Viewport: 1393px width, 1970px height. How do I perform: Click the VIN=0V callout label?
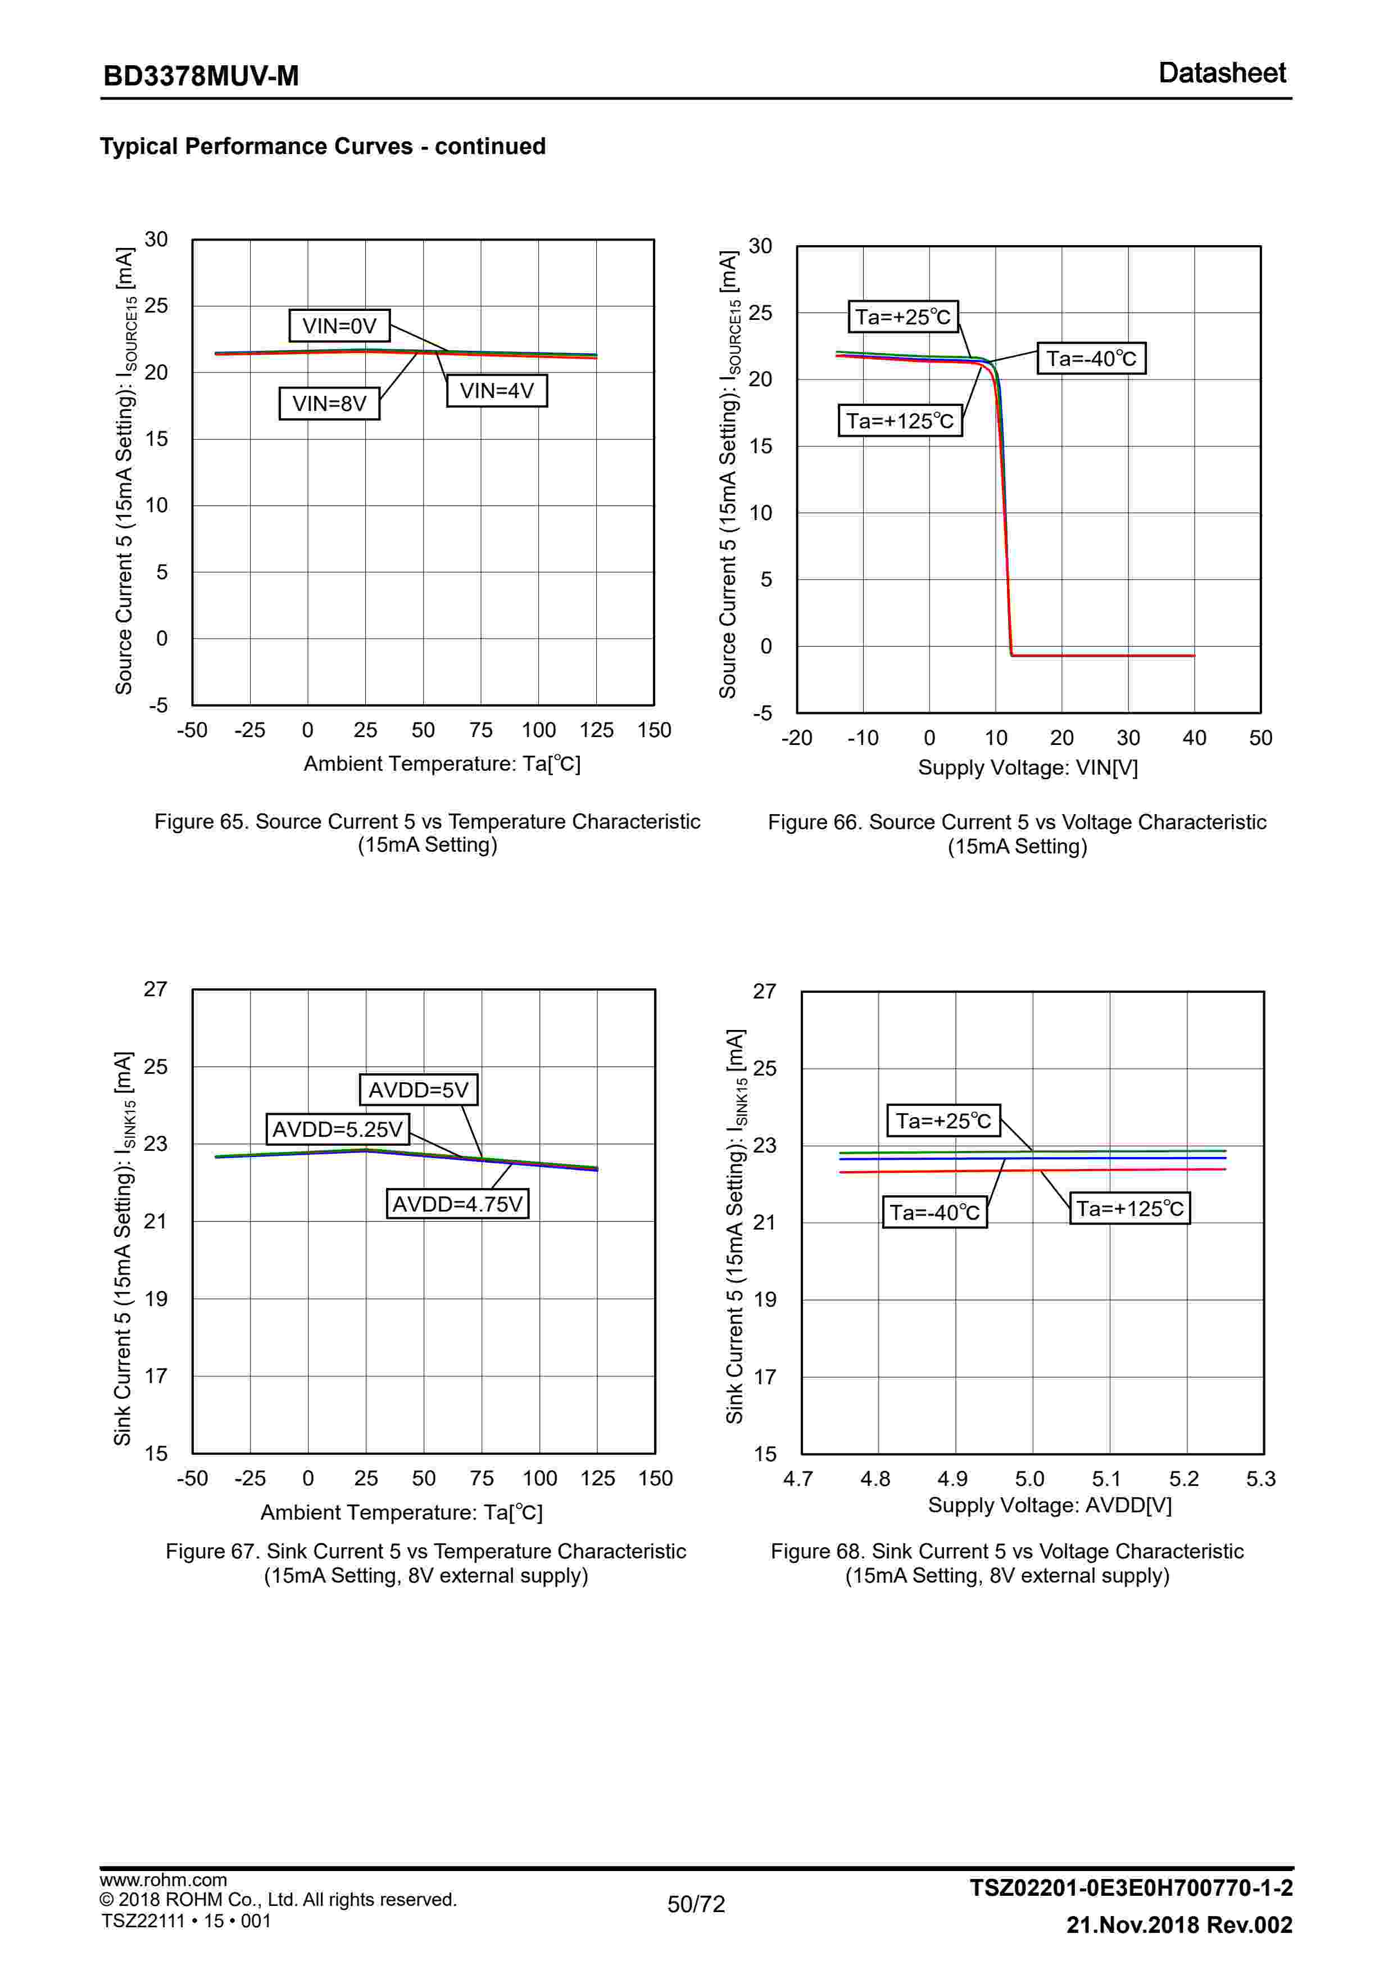click(339, 326)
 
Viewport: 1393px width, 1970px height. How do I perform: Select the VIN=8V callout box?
click(329, 403)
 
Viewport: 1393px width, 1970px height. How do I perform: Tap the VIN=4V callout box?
click(497, 391)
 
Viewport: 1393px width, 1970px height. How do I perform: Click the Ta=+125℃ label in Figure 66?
click(900, 421)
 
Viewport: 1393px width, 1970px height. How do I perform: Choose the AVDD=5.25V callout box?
click(337, 1129)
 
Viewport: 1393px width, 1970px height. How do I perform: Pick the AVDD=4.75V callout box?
click(457, 1204)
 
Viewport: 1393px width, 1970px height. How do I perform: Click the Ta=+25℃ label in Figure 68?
click(943, 1120)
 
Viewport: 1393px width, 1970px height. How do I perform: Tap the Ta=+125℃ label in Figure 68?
click(1129, 1209)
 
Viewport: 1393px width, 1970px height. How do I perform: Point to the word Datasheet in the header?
click(1222, 73)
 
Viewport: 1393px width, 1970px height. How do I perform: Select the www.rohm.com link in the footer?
click(163, 1880)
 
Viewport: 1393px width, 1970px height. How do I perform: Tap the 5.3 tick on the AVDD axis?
click(1260, 1479)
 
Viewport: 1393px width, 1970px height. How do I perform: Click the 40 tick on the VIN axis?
click(1194, 738)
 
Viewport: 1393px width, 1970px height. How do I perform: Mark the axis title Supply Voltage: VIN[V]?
click(1028, 767)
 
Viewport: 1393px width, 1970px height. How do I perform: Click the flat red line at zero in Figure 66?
click(1106, 656)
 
